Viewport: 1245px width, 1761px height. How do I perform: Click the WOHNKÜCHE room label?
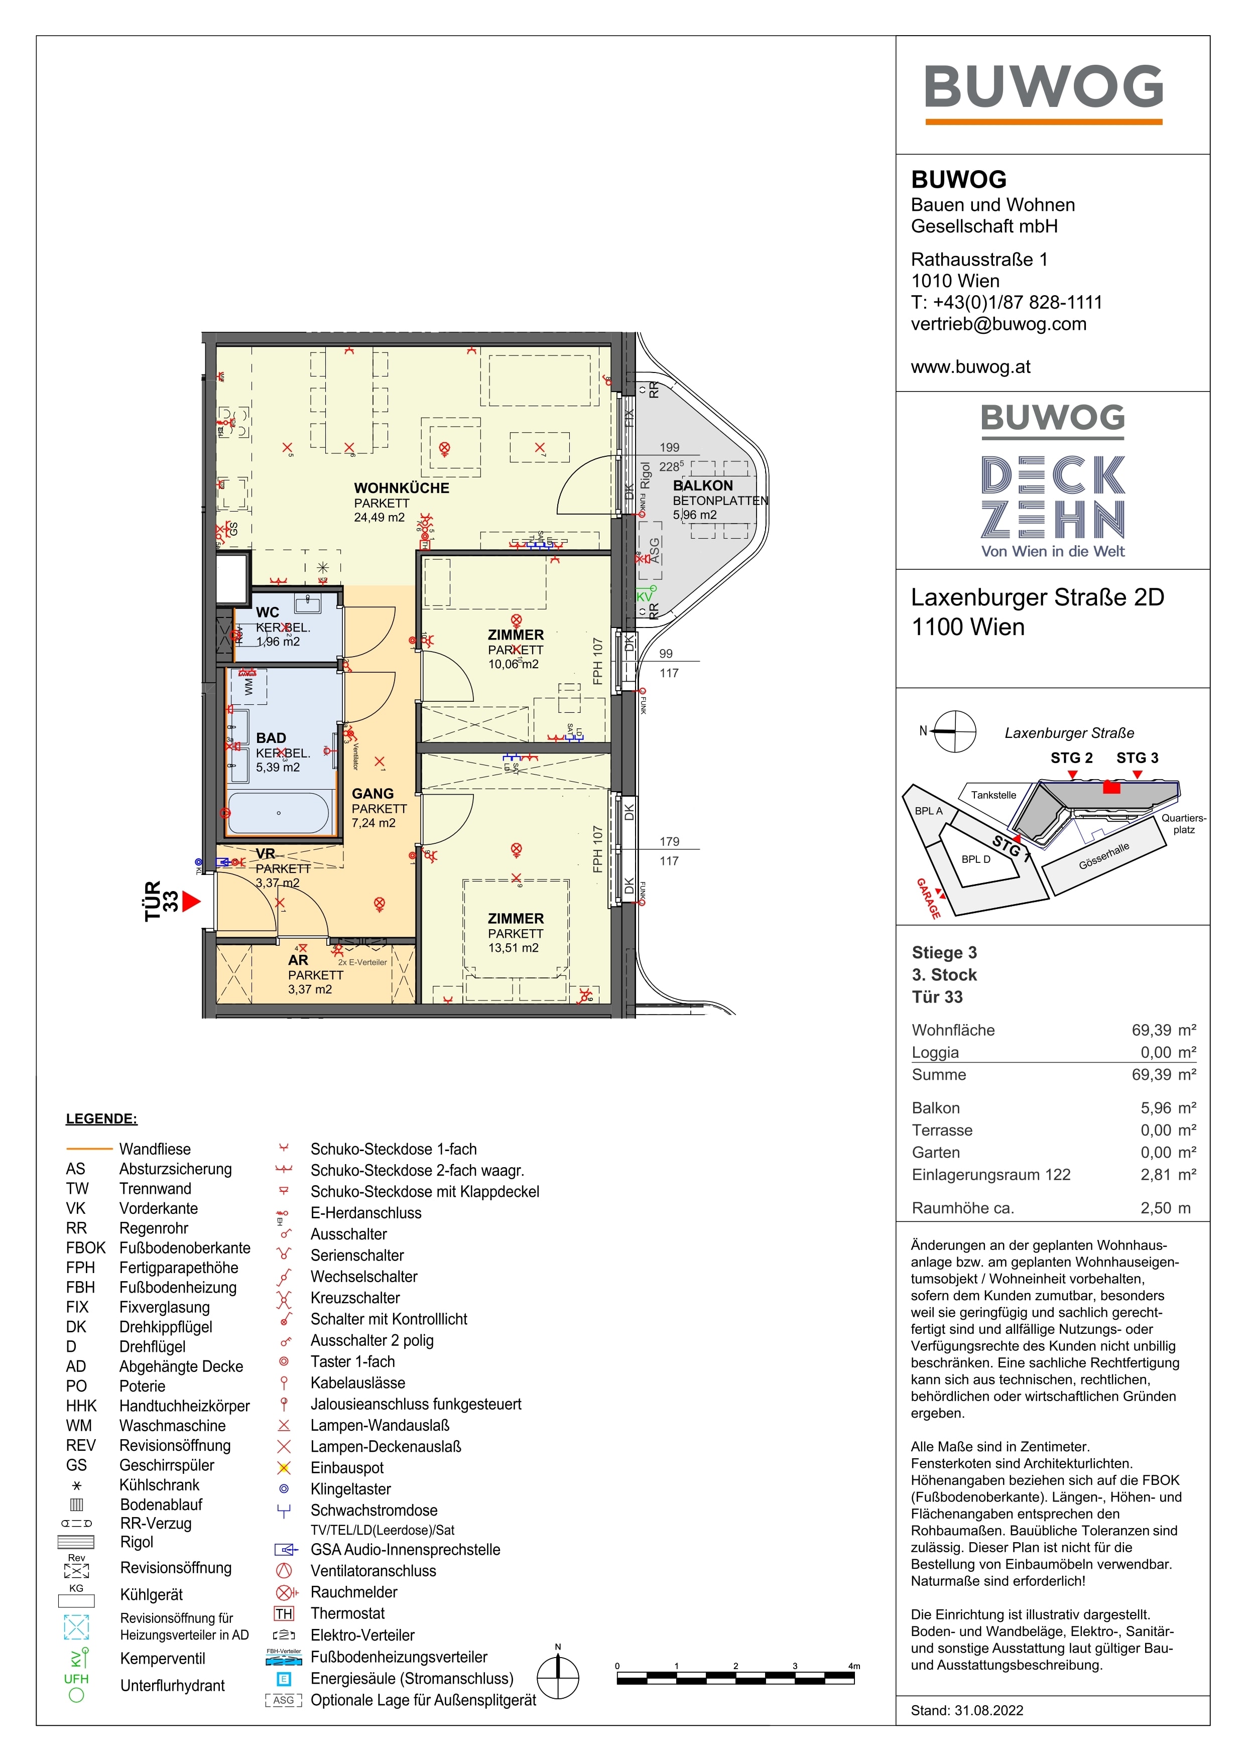point(401,488)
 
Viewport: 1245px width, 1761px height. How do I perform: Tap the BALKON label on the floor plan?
point(703,485)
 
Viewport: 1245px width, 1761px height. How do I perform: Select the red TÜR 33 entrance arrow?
point(190,901)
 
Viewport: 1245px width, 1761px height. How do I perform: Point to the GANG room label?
point(373,794)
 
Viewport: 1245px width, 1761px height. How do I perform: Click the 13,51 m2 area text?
point(513,948)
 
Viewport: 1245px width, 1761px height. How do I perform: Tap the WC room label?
point(267,612)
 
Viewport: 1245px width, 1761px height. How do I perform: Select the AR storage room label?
point(298,960)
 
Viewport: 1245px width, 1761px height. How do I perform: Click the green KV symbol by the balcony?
point(645,595)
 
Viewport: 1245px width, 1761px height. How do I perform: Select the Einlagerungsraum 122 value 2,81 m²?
point(1168,1174)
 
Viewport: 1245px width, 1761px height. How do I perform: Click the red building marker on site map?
point(1111,787)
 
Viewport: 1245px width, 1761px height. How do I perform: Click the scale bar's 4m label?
point(854,1666)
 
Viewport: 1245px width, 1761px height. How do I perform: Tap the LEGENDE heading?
point(101,1118)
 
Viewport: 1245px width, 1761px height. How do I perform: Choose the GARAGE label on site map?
point(928,898)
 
